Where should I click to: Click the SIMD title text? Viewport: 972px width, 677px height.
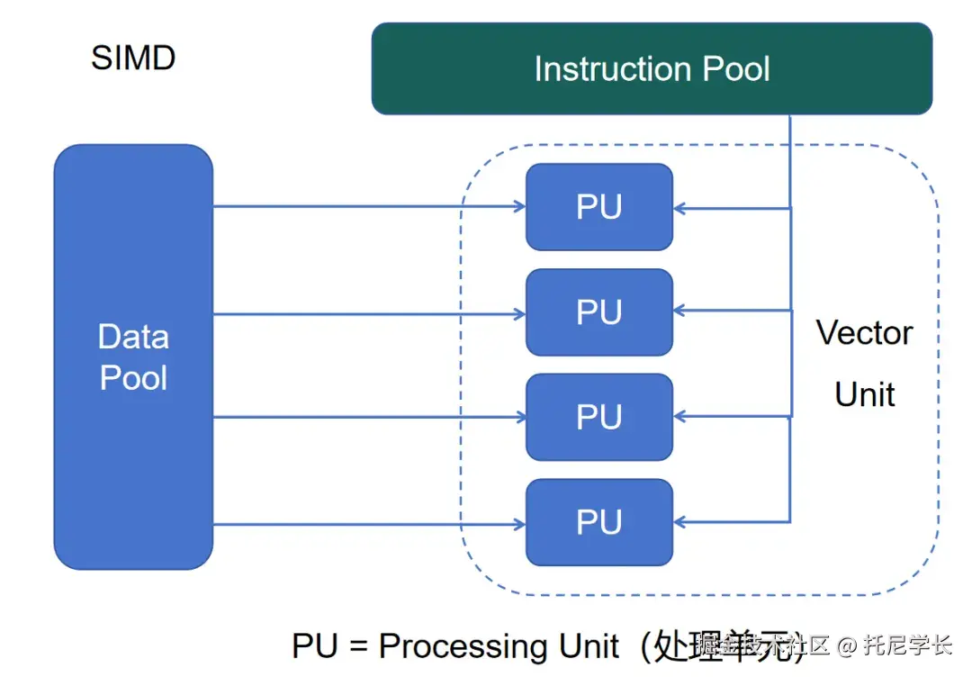[133, 59]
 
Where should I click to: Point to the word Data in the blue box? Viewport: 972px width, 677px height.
[133, 337]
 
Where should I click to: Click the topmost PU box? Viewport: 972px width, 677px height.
[599, 207]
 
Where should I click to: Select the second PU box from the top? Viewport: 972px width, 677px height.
[599, 312]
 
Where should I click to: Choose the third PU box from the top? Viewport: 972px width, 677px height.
[599, 418]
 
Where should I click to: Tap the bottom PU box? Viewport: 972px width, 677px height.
[599, 523]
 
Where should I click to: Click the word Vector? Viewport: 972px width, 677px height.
[864, 333]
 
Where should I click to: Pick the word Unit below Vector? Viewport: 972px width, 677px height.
[865, 394]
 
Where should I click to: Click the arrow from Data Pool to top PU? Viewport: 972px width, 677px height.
[369, 207]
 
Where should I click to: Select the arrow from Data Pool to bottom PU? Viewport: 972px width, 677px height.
[369, 524]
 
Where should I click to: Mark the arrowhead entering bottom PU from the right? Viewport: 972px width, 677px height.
[679, 521]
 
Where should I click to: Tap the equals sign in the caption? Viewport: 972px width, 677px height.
[356, 646]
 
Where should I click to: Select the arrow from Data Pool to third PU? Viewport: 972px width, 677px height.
[369, 417]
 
